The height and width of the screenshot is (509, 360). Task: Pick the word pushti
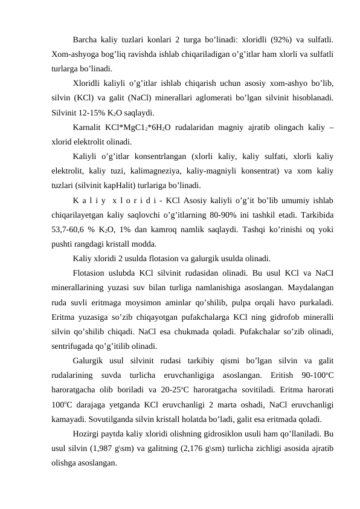pos(64,244)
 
